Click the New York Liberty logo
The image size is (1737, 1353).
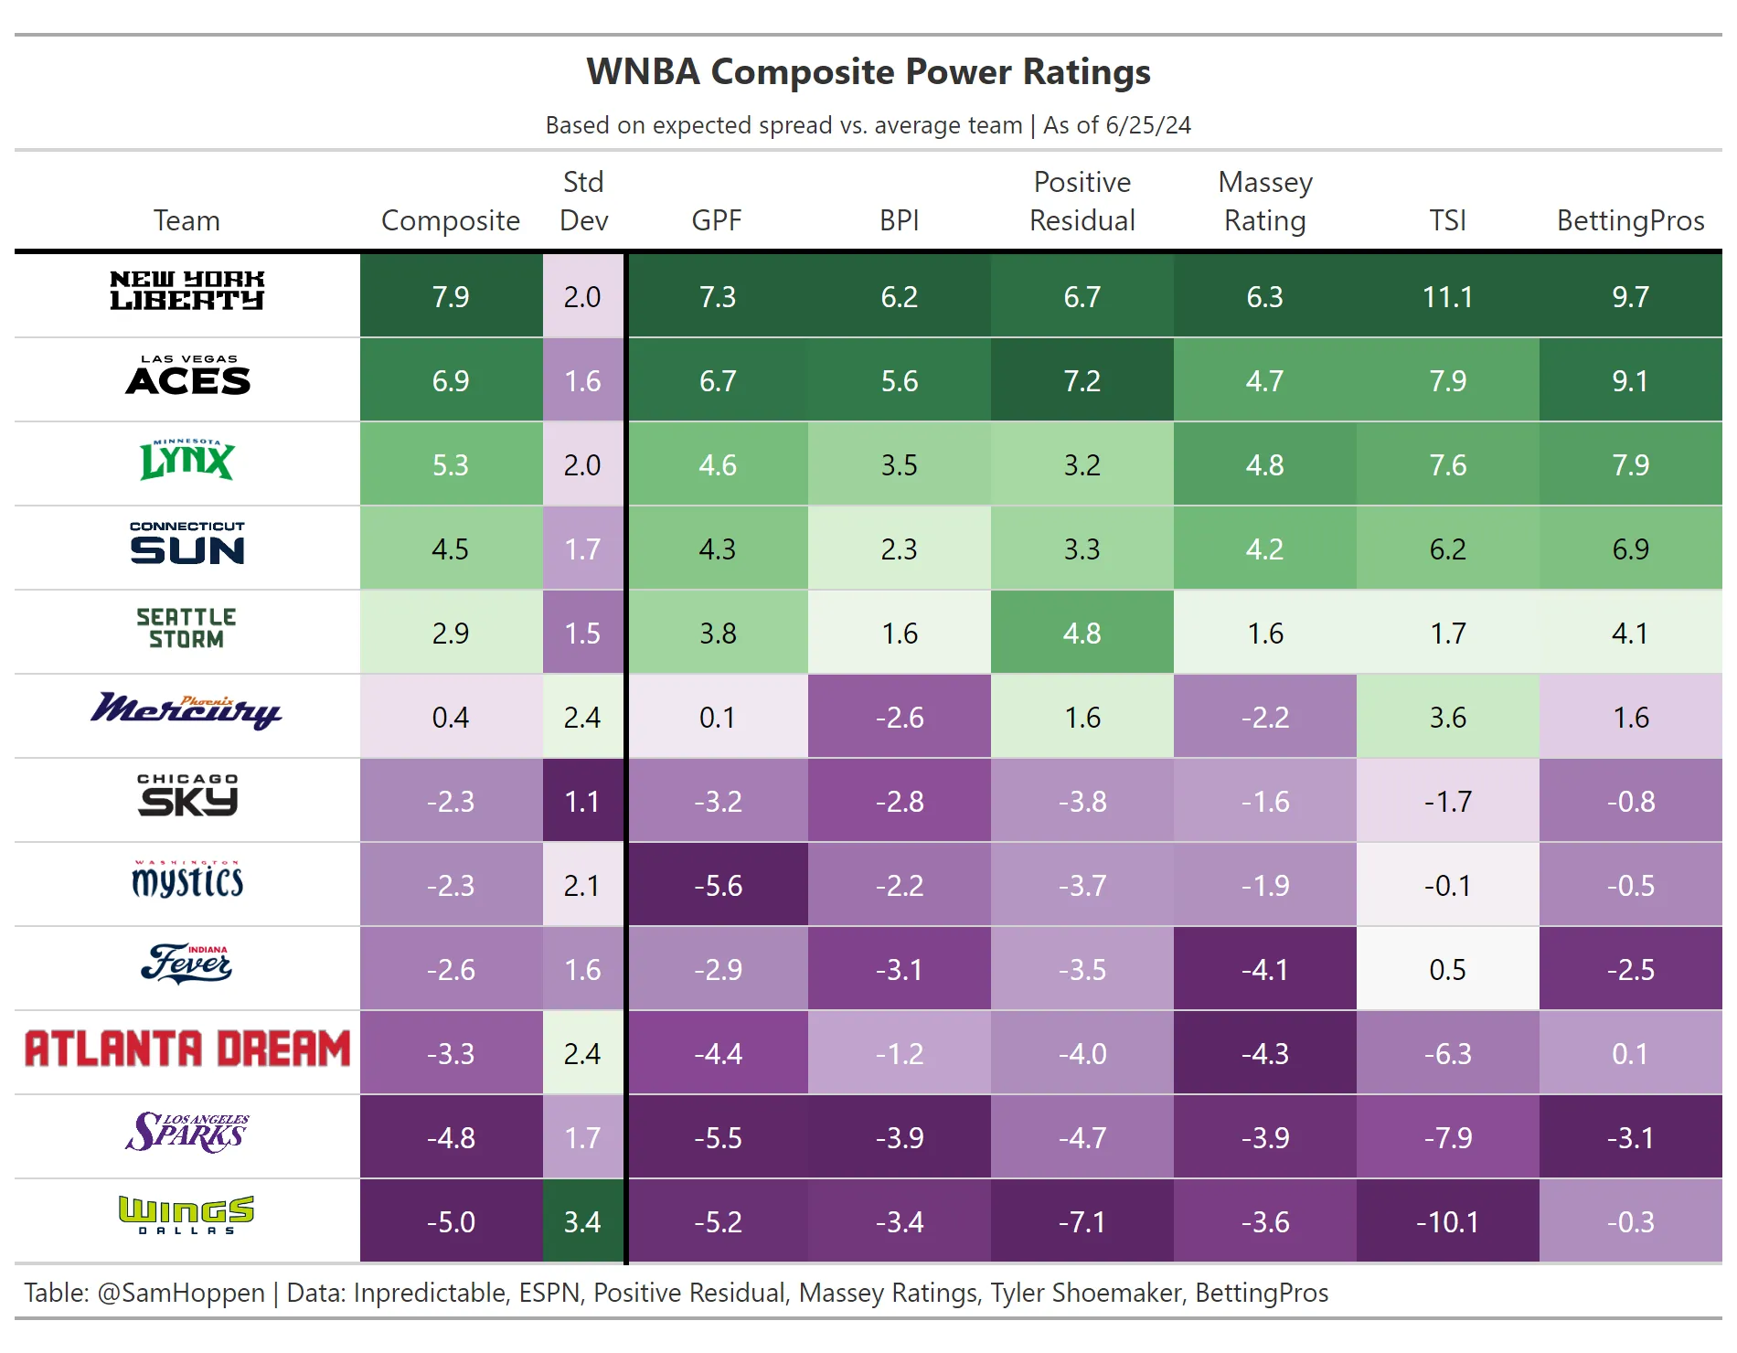click(186, 291)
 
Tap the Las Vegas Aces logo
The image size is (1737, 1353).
click(186, 376)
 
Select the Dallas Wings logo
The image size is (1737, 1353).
click(186, 1215)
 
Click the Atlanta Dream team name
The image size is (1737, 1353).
click(186, 1049)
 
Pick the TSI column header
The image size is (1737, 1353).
click(1447, 220)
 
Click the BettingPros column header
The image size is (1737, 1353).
click(1630, 220)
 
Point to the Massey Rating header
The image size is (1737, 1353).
click(1265, 202)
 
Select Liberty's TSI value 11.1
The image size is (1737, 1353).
click(1447, 297)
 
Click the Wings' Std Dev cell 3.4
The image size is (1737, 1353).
click(582, 1222)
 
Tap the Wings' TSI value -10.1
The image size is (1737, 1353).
click(1447, 1222)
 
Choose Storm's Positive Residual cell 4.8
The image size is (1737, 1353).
click(1082, 634)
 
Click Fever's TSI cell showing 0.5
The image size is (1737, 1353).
click(1447, 970)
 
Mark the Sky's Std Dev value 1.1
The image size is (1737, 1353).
click(582, 802)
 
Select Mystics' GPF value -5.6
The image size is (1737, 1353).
click(718, 886)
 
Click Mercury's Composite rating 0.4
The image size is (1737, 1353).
click(450, 718)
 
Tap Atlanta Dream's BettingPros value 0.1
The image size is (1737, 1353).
click(1630, 1054)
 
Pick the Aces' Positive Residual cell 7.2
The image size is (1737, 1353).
click(1082, 381)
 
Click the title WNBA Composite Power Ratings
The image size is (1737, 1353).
click(868, 72)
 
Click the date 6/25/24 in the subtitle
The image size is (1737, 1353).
click(1148, 125)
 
